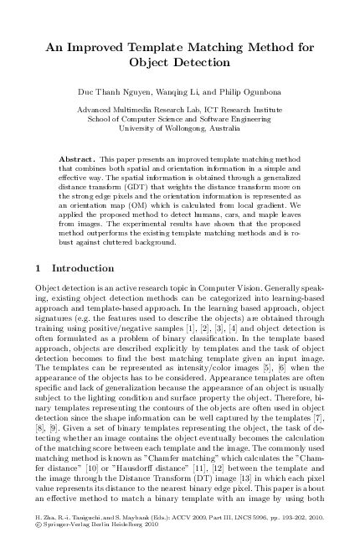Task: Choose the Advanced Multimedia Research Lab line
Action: tap(180, 110)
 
